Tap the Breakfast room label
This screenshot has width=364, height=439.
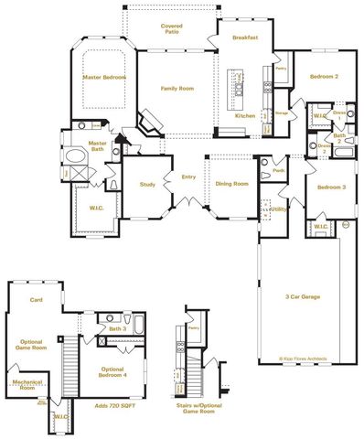pyautogui.click(x=245, y=37)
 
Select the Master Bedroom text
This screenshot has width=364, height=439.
pyautogui.click(x=103, y=77)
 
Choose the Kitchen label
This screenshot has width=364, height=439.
pyautogui.click(x=245, y=116)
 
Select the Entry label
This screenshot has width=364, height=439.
pyautogui.click(x=188, y=177)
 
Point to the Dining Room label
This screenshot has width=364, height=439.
pyautogui.click(x=231, y=183)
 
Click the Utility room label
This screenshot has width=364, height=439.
pyautogui.click(x=279, y=209)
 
